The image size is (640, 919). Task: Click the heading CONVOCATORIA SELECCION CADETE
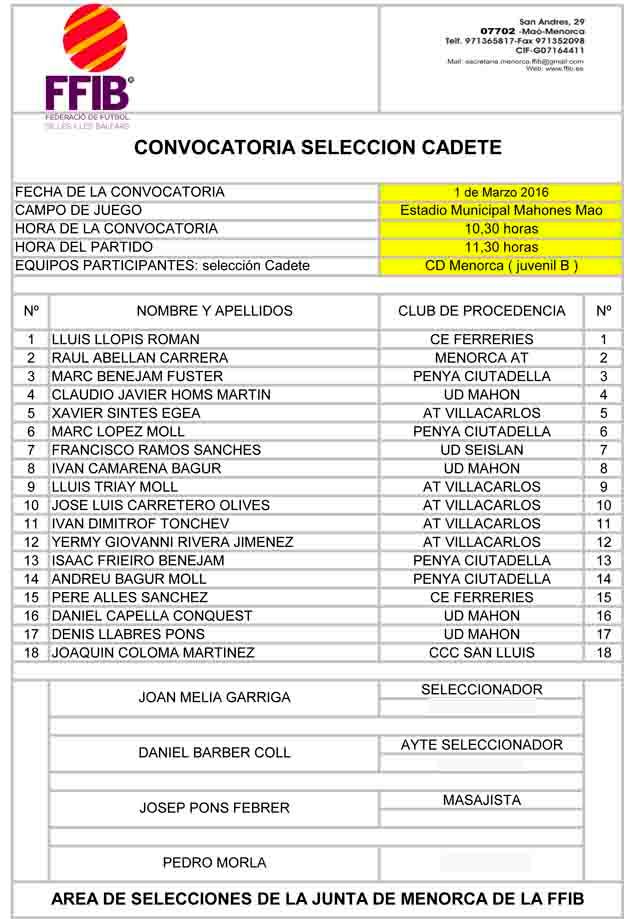tap(317, 148)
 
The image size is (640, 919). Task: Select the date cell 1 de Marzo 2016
tap(500, 192)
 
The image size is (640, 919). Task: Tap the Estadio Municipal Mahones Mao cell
tap(500, 211)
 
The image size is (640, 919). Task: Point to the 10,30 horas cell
tap(500, 229)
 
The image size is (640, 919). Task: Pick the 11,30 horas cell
tap(500, 247)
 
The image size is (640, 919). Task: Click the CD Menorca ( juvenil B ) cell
tap(500, 266)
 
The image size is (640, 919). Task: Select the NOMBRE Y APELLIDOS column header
tap(214, 311)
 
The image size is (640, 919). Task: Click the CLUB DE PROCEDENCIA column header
tap(481, 311)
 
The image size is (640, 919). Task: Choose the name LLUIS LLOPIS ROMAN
tap(125, 339)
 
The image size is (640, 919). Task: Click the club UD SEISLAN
tap(481, 450)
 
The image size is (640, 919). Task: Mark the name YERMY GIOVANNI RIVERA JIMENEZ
tap(172, 542)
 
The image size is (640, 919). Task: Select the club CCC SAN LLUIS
tap(481, 653)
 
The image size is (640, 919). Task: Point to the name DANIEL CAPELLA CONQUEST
tap(151, 616)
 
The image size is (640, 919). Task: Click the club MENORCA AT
tap(481, 358)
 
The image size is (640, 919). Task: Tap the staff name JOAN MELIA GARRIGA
tap(214, 698)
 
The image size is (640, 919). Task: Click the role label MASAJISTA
tap(481, 800)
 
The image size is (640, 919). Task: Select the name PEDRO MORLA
tap(214, 863)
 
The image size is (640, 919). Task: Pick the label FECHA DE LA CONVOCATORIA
tap(120, 192)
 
